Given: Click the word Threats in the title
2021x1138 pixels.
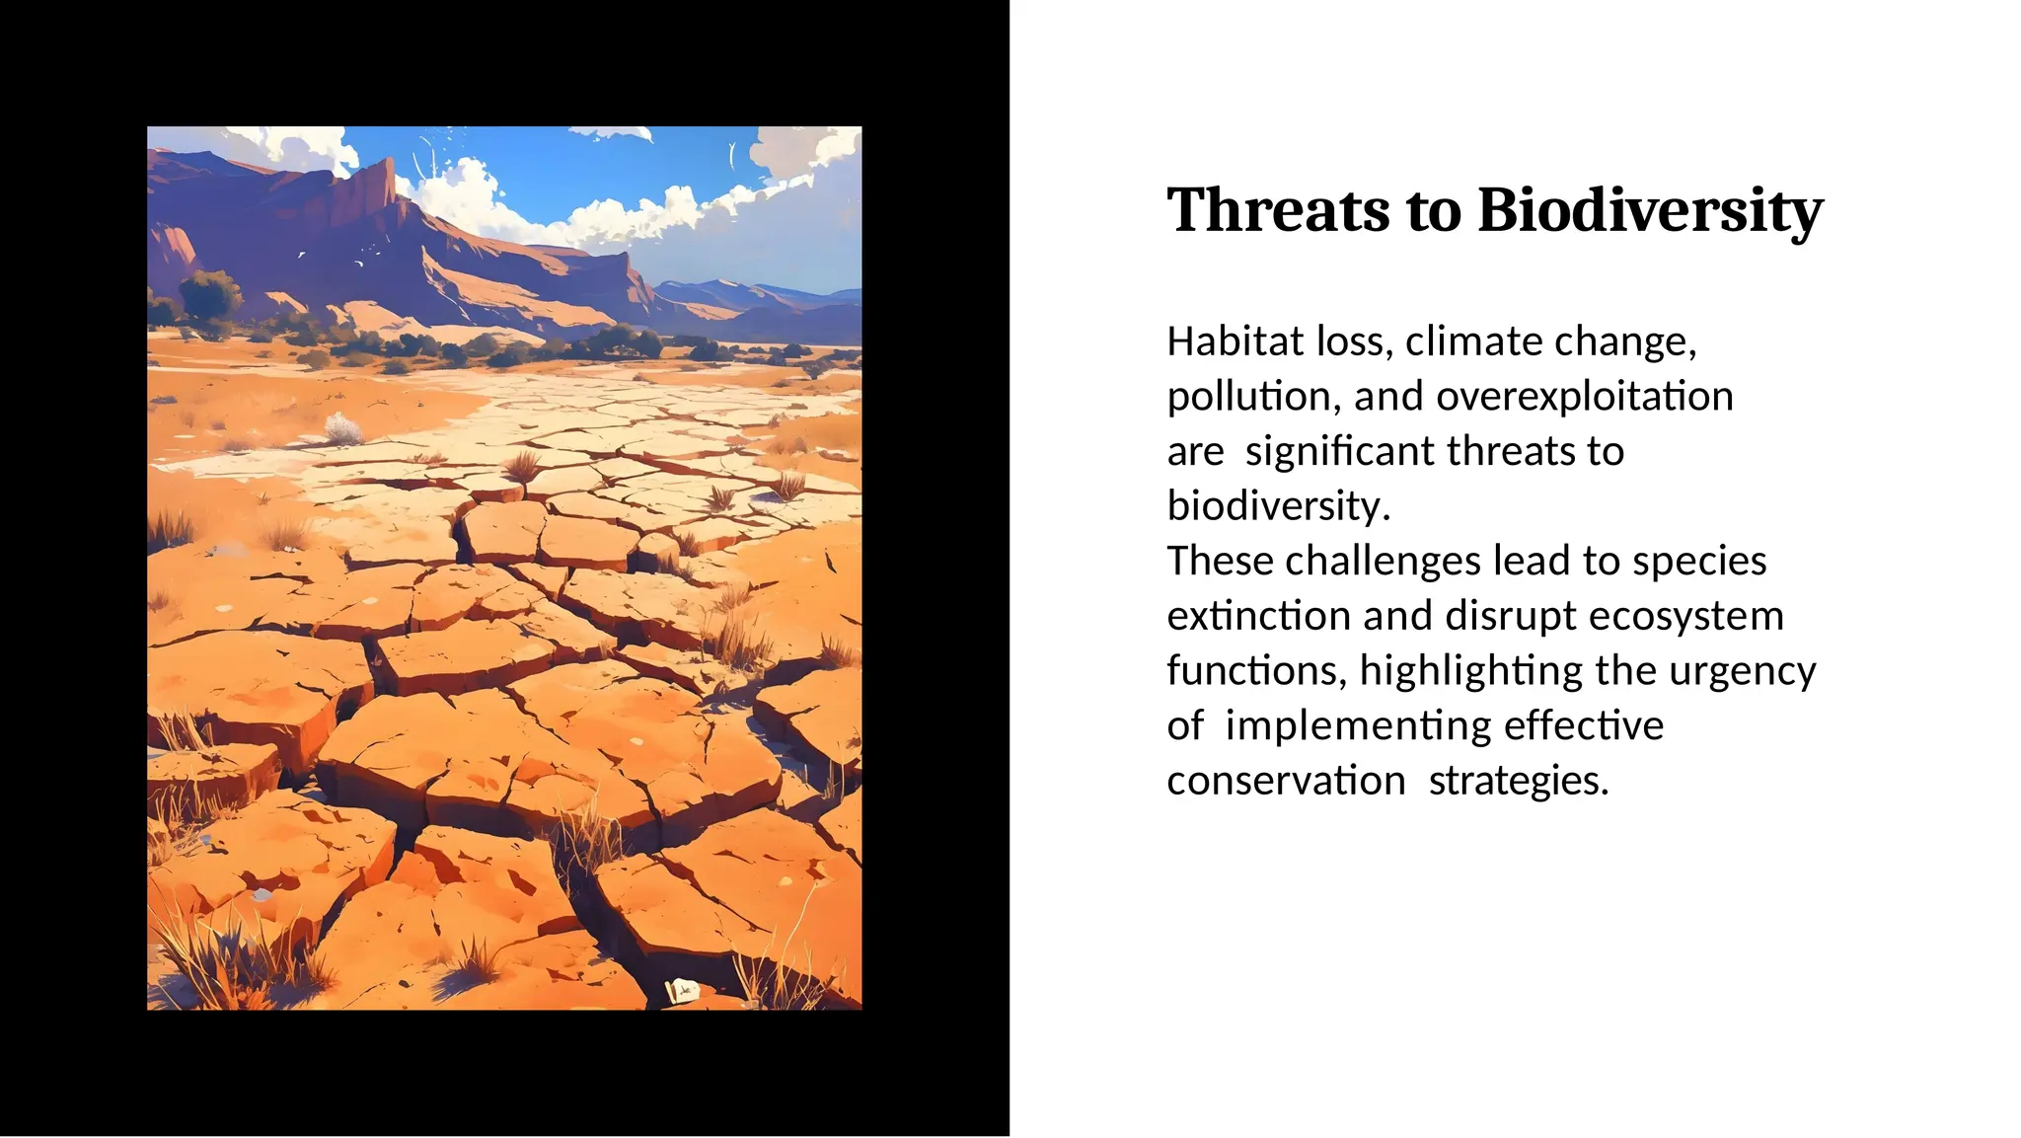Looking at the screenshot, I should tap(1277, 210).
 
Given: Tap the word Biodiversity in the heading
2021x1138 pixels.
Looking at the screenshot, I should tap(1650, 210).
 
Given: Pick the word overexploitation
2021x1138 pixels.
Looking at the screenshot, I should tap(1585, 397).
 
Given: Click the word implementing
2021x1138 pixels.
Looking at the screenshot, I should tap(1344, 725).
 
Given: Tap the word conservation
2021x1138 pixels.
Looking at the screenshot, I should tap(1286, 781).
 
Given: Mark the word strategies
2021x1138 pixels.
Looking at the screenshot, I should tap(1519, 781).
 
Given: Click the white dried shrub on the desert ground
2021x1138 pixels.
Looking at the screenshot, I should tap(342, 429).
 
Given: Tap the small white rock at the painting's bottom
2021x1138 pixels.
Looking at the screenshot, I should tap(682, 989).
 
